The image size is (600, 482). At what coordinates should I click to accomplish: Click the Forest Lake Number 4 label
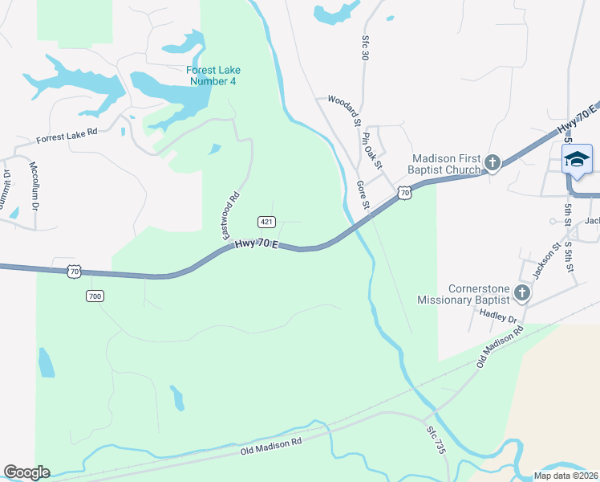pos(213,75)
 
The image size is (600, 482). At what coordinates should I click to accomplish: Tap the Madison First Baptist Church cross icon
pos(493,164)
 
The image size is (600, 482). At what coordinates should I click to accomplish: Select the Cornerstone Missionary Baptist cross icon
pos(522,293)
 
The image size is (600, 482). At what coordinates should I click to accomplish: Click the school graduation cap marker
pos(577,160)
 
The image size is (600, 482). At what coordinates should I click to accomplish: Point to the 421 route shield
pos(266,222)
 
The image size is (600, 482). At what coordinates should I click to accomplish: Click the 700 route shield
pos(95,296)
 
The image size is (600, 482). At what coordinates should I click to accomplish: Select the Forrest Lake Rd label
pos(67,137)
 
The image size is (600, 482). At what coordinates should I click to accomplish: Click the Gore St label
pos(363,194)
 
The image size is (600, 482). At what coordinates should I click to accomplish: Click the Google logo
pos(26,472)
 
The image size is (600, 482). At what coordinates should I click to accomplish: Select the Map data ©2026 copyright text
pos(566,476)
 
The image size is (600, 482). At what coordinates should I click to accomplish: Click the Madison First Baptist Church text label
pos(446,164)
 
